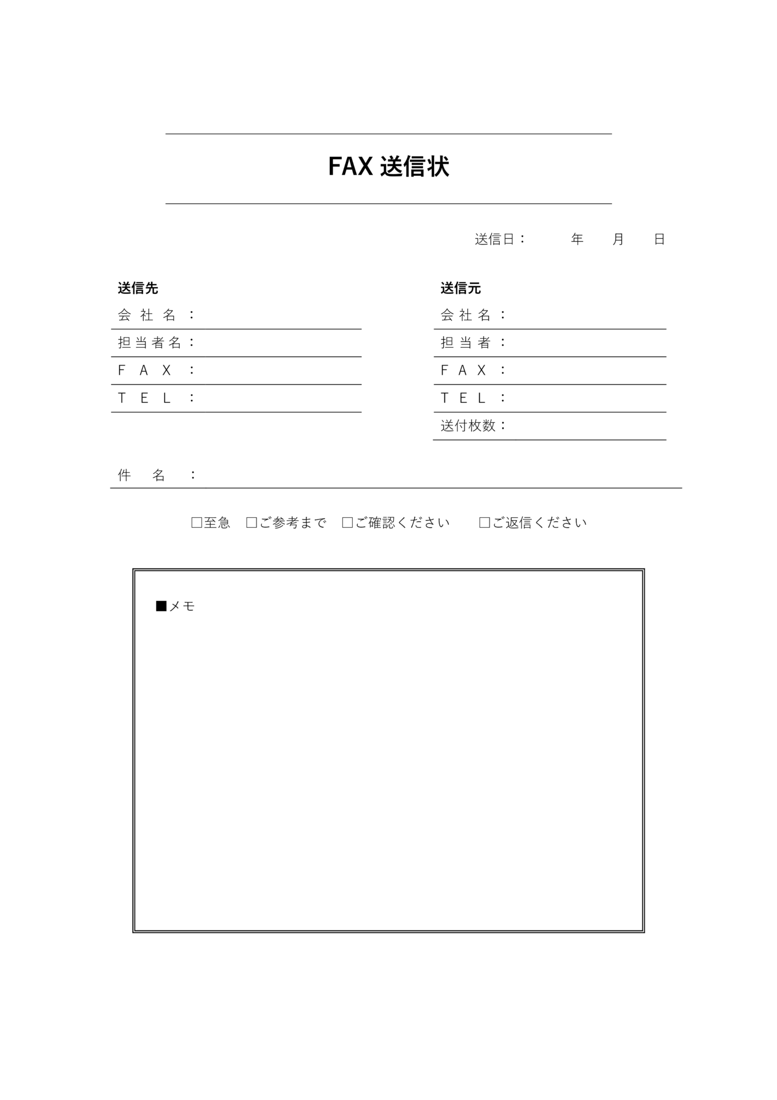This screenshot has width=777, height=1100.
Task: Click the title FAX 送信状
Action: click(388, 167)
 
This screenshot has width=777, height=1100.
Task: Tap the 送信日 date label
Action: click(495, 239)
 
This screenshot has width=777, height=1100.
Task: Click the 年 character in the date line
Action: click(577, 239)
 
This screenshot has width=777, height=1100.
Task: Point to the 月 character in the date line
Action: click(618, 239)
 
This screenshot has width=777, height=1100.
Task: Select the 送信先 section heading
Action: click(137, 288)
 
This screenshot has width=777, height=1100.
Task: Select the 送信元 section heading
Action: click(460, 288)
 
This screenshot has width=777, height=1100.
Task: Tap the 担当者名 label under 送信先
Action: click(149, 343)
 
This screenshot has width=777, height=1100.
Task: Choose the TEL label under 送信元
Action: click(463, 398)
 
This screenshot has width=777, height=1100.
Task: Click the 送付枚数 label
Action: click(468, 426)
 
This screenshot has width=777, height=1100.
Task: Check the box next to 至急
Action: click(196, 522)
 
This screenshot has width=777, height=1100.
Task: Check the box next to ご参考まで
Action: click(251, 522)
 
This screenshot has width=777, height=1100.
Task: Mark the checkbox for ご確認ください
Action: click(347, 522)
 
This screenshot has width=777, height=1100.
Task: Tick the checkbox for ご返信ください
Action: click(484, 522)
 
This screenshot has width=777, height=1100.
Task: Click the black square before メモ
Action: click(161, 606)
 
